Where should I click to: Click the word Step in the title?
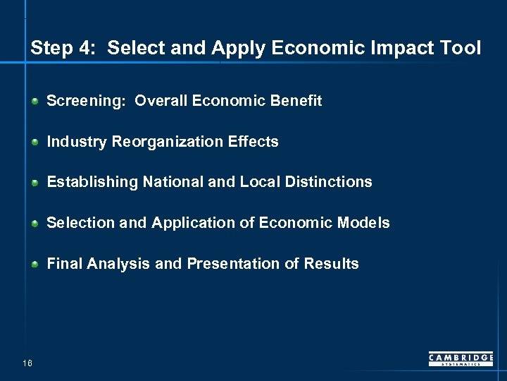[51, 48]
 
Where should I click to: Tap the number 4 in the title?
[84, 48]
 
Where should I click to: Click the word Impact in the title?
[395, 48]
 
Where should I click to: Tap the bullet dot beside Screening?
[35, 102]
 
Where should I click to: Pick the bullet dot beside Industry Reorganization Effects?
[35, 143]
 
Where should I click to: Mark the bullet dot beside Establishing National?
[35, 183]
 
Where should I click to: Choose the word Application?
[187, 223]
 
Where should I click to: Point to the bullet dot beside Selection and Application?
[35, 224]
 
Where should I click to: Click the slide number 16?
[27, 363]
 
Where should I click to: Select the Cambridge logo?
[461, 359]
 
